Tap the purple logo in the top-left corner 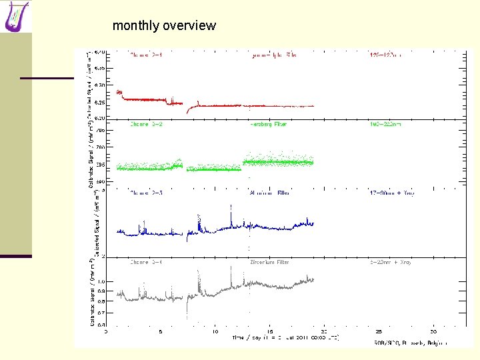pos(17,17)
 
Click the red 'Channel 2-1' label pos(147,55)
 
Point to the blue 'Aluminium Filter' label pos(269,193)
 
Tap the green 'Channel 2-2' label pos(147,125)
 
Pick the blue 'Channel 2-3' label pos(147,193)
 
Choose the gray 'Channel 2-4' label pos(147,263)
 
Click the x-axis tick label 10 pos(215,331)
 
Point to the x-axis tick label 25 pos(379,331)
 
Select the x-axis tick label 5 pos(160,331)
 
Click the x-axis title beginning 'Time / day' pos(285,337)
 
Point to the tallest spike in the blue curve pos(231,207)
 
